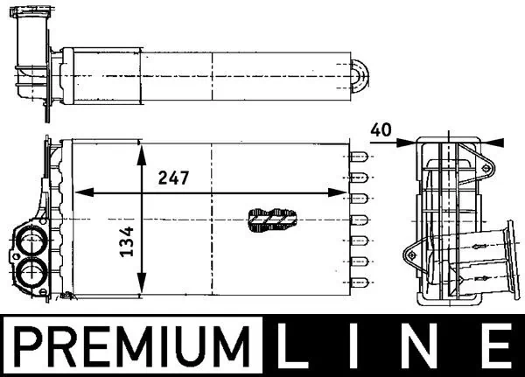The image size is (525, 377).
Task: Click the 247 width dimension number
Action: (x=173, y=178)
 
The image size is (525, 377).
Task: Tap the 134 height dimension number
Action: (x=127, y=241)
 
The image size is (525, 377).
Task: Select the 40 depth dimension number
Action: (x=380, y=129)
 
